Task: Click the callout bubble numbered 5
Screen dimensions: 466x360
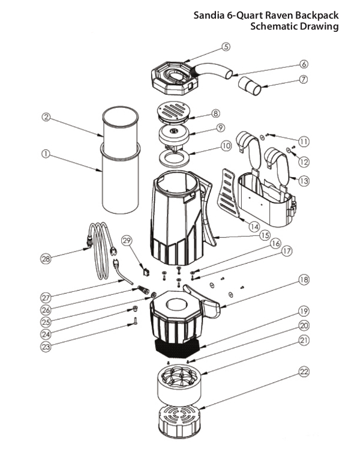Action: (226, 46)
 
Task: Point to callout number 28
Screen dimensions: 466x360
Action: (45, 259)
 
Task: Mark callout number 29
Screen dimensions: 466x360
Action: (126, 240)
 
